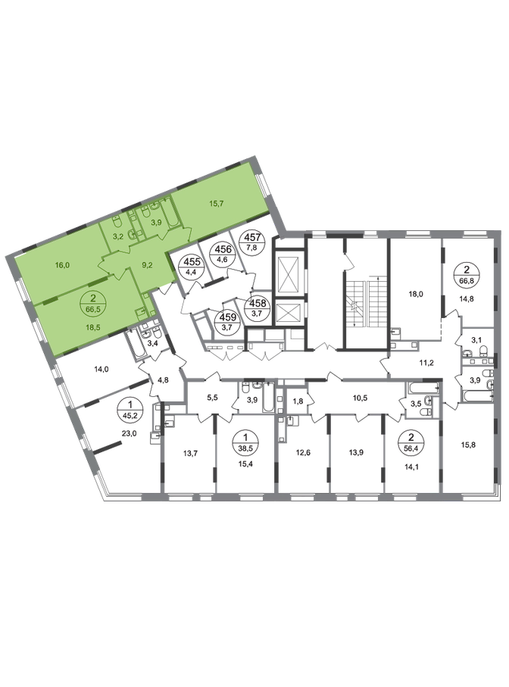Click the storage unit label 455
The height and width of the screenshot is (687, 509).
pyautogui.click(x=192, y=266)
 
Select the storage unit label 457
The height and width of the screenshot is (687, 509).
pyautogui.click(x=255, y=242)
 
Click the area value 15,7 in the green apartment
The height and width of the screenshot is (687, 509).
pyautogui.click(x=217, y=204)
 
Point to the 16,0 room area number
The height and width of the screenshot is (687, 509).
pyautogui.click(x=63, y=265)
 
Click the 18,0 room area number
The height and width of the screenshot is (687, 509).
pyautogui.click(x=415, y=295)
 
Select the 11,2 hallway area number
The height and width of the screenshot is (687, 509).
pyautogui.click(x=426, y=363)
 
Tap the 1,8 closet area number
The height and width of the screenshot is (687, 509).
pyautogui.click(x=298, y=400)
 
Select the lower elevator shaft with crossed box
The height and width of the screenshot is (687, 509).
pyautogui.click(x=288, y=314)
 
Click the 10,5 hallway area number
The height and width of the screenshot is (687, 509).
pyautogui.click(x=360, y=398)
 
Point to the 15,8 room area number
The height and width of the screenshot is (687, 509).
pyautogui.click(x=468, y=445)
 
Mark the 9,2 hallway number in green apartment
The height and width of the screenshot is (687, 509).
pyautogui.click(x=147, y=264)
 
